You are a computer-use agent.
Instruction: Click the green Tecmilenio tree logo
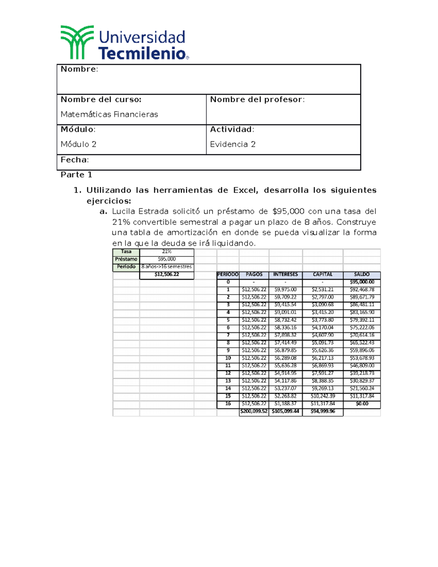tap(77, 42)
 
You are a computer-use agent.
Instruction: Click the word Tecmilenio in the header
tap(142, 54)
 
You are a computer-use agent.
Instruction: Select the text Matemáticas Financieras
tap(109, 115)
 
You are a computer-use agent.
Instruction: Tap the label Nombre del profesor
tap(257, 100)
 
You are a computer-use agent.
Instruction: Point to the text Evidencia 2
tap(233, 145)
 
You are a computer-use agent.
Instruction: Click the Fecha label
tap(74, 160)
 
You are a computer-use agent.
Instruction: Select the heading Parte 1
tap(76, 175)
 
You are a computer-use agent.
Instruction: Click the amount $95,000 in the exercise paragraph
tap(288, 211)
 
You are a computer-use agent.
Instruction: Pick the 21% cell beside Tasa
tap(167, 252)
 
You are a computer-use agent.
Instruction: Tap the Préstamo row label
tap(126, 259)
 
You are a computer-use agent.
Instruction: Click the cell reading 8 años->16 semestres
tap(166, 267)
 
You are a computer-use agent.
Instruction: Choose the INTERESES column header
tap(285, 275)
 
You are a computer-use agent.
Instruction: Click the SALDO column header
tap(362, 275)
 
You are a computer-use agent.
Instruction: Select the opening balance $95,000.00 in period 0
tap(362, 282)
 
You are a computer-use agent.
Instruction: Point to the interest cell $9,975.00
tap(285, 290)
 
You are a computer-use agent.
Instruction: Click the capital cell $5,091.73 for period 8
tap(323, 343)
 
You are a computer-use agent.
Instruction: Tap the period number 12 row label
tap(228, 373)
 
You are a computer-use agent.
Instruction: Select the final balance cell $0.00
tap(362, 404)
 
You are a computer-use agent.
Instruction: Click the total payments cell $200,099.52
tap(254, 411)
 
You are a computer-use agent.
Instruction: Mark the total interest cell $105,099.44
tap(285, 411)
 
